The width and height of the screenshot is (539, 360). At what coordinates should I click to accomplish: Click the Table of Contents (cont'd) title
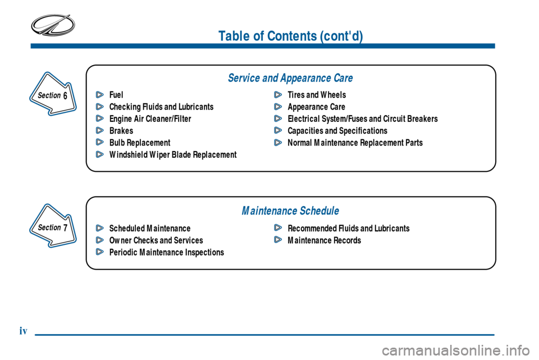click(x=290, y=36)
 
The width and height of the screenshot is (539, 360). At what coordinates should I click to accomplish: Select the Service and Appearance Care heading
click(x=290, y=78)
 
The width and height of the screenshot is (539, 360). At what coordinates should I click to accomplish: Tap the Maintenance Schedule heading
click(x=290, y=211)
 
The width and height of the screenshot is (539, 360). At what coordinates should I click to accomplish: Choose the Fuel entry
click(x=116, y=95)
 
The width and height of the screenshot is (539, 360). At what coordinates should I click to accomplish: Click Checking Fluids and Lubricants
click(x=161, y=107)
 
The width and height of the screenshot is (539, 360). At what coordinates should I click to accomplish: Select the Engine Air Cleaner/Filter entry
click(x=150, y=119)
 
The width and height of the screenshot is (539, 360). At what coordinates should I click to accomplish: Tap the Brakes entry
click(x=121, y=131)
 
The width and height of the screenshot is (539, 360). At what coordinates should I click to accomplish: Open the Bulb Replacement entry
click(x=140, y=143)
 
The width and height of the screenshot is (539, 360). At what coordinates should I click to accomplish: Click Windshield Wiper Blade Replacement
click(x=173, y=154)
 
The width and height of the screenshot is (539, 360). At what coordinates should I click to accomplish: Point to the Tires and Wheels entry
click(x=317, y=95)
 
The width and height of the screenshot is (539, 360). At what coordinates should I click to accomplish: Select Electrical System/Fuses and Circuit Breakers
click(x=362, y=119)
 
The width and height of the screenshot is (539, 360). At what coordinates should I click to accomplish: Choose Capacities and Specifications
click(x=337, y=131)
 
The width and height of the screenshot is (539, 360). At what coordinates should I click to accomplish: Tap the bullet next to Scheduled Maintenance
click(x=99, y=229)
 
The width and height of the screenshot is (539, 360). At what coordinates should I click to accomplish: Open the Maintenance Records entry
click(x=324, y=240)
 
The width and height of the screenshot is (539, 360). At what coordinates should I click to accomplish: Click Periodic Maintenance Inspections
click(x=166, y=253)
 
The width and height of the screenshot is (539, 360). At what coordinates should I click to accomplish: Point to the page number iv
click(x=23, y=331)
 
